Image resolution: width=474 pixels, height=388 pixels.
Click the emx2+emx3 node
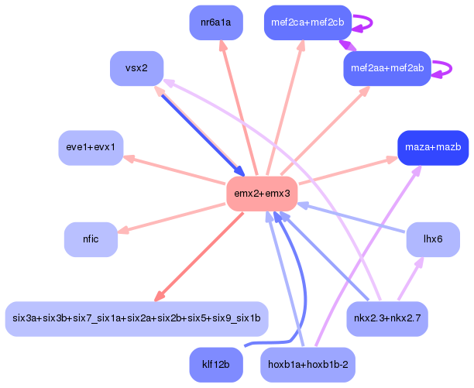click(x=262, y=194)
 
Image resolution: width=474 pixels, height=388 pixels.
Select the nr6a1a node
click(x=216, y=22)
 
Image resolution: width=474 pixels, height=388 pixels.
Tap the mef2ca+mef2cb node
click(x=307, y=22)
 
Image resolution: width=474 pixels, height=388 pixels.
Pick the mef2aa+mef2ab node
click(x=386, y=68)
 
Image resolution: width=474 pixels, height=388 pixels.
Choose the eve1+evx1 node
click(x=91, y=147)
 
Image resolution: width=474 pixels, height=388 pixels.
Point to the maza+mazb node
click(x=432, y=147)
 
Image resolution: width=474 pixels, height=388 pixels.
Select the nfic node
click(x=91, y=239)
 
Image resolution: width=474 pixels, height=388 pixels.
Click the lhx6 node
click(x=433, y=239)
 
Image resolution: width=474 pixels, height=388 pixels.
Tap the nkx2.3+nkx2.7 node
click(x=386, y=318)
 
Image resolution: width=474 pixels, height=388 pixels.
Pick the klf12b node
click(x=216, y=365)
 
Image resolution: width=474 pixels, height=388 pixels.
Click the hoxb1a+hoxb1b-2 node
click(x=307, y=365)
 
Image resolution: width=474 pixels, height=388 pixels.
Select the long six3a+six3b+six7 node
click(x=136, y=318)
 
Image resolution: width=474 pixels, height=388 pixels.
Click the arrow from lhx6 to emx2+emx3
click(x=352, y=218)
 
